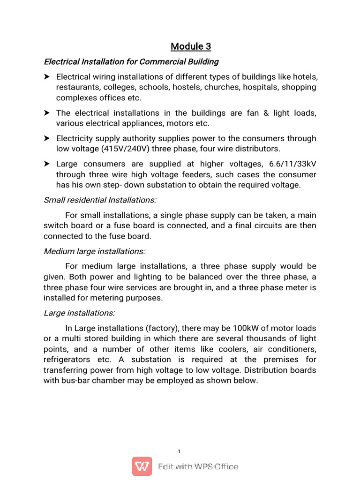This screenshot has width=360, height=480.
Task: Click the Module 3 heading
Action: [x=191, y=46]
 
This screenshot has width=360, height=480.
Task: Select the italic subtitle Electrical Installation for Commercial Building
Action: [x=131, y=62]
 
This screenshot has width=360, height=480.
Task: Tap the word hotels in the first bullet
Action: [x=303, y=77]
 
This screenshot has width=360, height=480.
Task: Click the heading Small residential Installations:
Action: [x=100, y=200]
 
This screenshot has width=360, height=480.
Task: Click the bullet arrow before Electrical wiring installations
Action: [x=47, y=77]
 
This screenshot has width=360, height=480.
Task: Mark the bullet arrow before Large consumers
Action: [x=47, y=164]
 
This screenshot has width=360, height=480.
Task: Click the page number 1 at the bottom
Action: [x=180, y=451]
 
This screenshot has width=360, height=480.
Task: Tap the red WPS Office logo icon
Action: [x=142, y=466]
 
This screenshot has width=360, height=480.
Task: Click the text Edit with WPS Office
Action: [x=198, y=466]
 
